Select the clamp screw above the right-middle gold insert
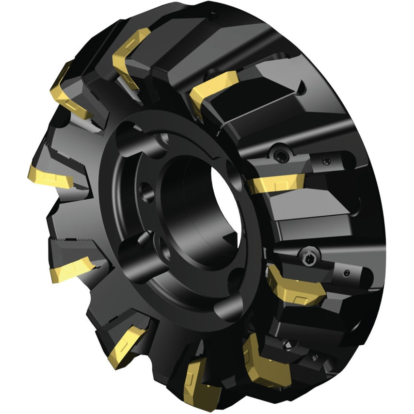coord(282,155)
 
